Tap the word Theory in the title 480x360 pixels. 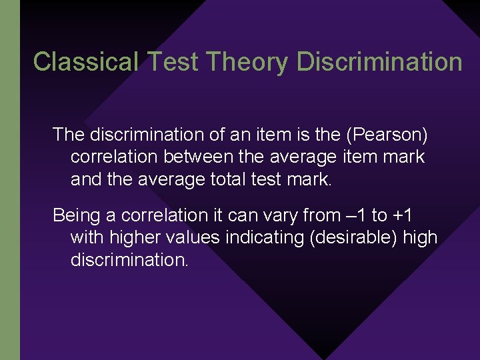247,62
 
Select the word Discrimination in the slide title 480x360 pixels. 379,62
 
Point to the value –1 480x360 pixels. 357,215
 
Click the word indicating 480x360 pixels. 265,237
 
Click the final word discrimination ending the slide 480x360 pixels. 129,259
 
